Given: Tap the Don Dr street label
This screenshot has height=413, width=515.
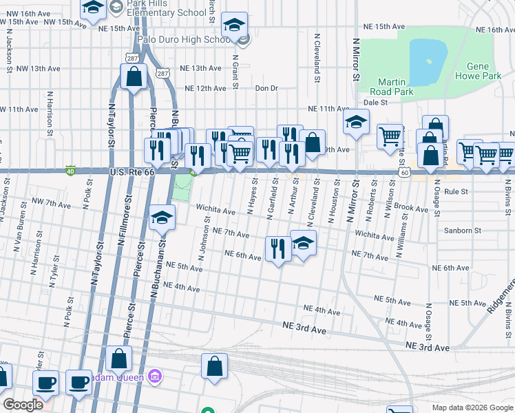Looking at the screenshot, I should tap(266, 88).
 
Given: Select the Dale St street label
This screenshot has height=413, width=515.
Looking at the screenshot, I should tap(376, 102).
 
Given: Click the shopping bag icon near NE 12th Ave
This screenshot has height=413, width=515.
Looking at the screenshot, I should tap(134, 77).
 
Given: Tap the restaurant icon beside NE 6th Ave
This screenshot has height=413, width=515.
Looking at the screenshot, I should tap(278, 250).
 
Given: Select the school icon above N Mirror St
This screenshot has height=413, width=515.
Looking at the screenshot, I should tap(355, 123).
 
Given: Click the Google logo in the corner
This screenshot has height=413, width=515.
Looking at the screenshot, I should tap(23, 405).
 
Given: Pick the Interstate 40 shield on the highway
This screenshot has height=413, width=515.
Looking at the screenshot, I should tap(70, 169).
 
